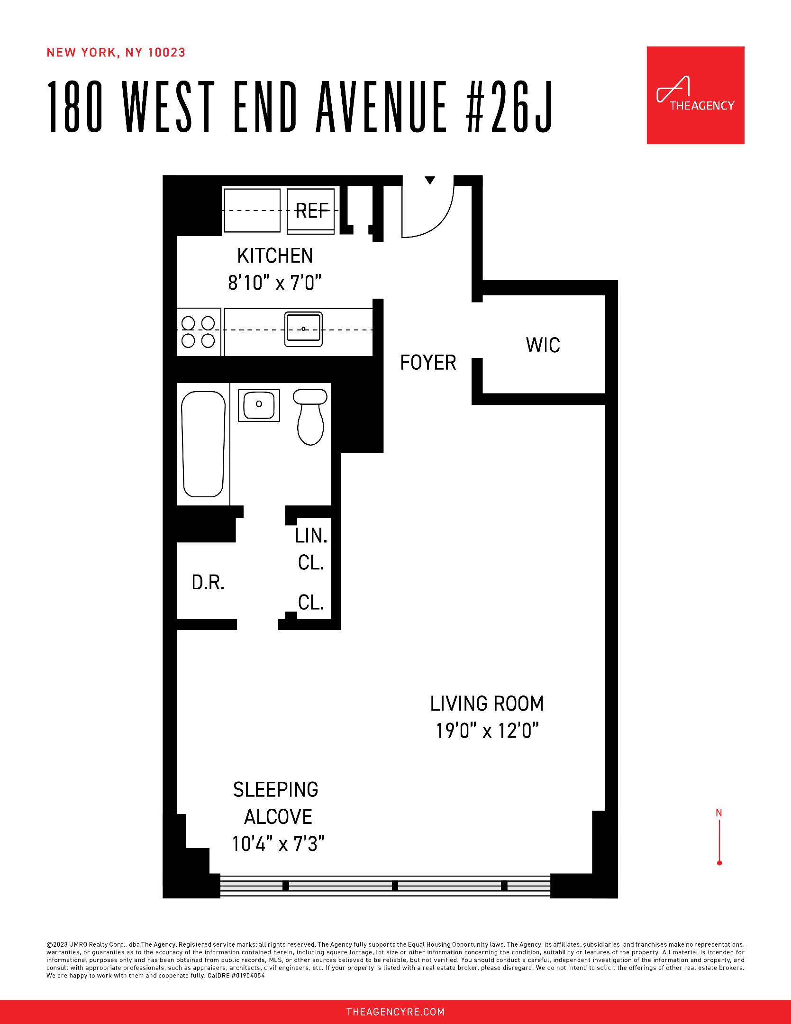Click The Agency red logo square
695,95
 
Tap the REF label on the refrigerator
312,210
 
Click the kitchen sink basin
303,329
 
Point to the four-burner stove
199,332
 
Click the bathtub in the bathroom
203,443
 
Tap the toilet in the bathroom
310,417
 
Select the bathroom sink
259,404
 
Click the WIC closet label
543,345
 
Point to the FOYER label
428,363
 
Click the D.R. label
208,583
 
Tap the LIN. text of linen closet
311,536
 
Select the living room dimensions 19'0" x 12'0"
488,731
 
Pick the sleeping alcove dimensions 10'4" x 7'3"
278,844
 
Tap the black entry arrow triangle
430,180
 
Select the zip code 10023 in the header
166,53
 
